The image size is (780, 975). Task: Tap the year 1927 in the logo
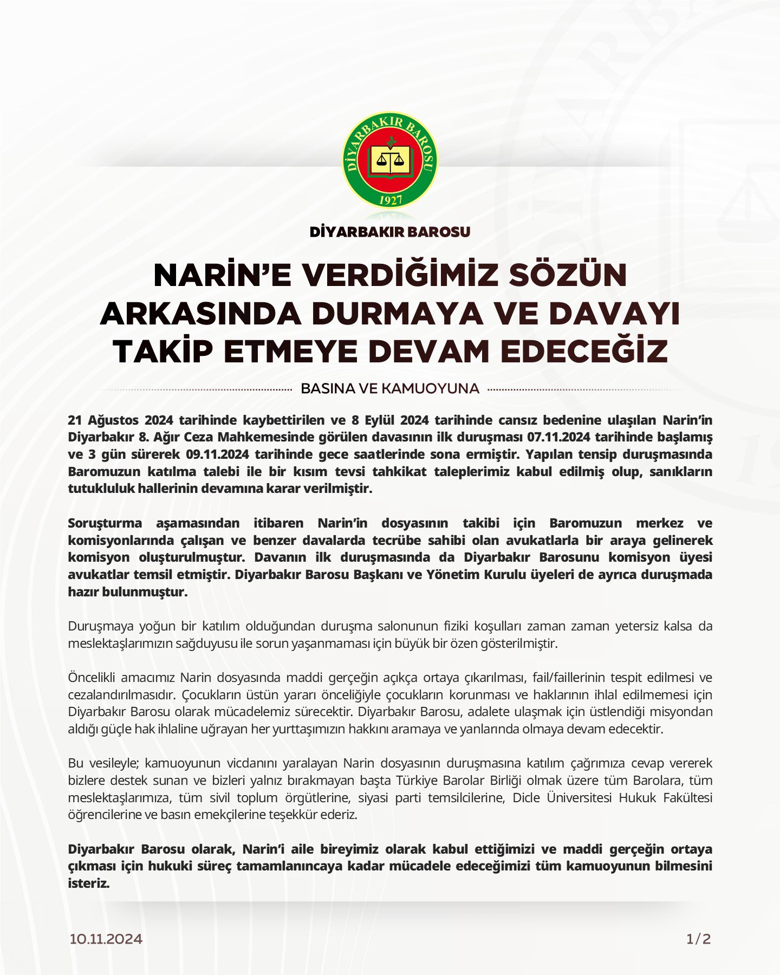[x=390, y=200]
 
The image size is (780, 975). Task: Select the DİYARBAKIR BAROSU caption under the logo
[x=390, y=232]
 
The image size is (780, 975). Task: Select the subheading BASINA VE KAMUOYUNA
[x=390, y=389]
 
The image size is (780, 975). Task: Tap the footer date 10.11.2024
[x=106, y=939]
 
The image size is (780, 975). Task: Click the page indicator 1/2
[x=699, y=939]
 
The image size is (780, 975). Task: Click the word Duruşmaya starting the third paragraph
[x=101, y=626]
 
